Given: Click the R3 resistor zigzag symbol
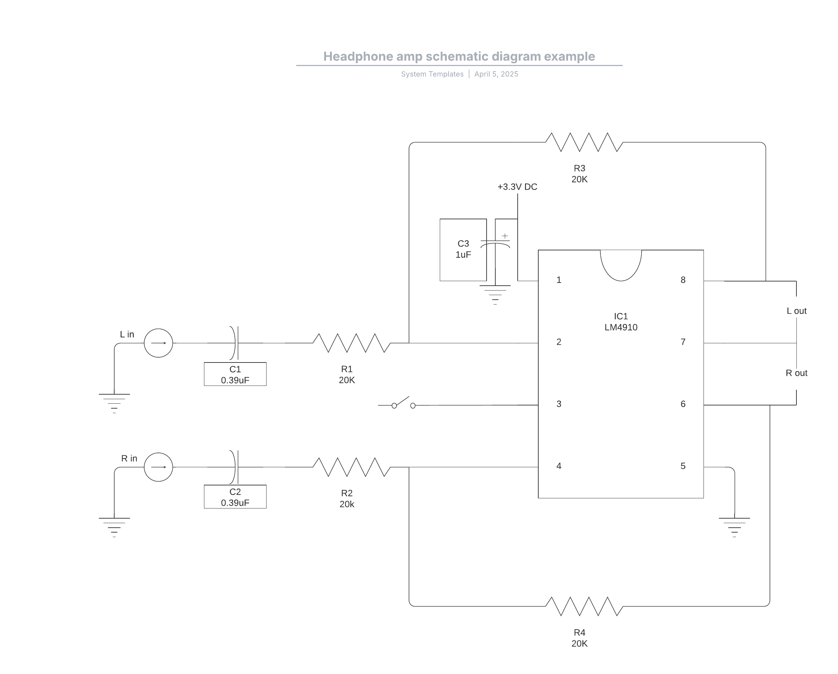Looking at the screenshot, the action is (x=584, y=142).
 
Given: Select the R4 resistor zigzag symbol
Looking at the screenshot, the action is (x=584, y=606).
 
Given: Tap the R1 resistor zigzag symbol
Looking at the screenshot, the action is (x=352, y=343).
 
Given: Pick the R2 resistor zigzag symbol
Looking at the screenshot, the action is (x=352, y=467).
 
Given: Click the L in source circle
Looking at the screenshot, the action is (x=159, y=343).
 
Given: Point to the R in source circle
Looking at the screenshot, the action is (x=159, y=467).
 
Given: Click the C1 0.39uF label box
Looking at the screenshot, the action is (x=235, y=374).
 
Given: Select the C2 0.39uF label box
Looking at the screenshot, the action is (x=235, y=497).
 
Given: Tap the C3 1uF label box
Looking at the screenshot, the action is (x=463, y=250).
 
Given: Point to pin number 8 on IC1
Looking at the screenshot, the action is (x=683, y=280).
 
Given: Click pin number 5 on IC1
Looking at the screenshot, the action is (x=683, y=466).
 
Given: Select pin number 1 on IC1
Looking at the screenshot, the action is (x=559, y=280).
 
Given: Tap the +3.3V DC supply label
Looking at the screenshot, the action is (x=517, y=187).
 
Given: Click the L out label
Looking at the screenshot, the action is (x=796, y=311).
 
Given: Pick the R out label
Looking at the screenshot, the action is (x=796, y=373).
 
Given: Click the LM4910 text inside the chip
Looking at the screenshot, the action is (x=621, y=327).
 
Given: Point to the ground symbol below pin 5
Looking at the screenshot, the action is (x=734, y=527).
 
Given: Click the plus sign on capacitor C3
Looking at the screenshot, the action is (x=505, y=236).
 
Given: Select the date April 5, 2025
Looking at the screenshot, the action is (x=496, y=74).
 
